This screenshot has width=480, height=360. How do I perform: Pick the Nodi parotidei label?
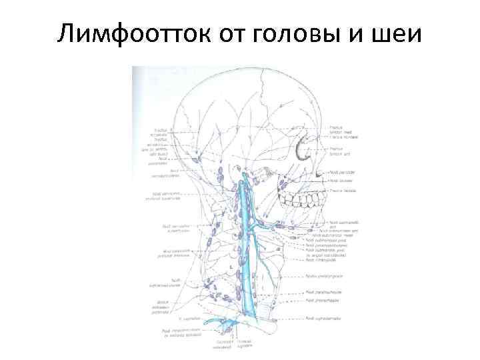[x=341, y=173]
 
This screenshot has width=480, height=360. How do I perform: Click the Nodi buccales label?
[x=339, y=181]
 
